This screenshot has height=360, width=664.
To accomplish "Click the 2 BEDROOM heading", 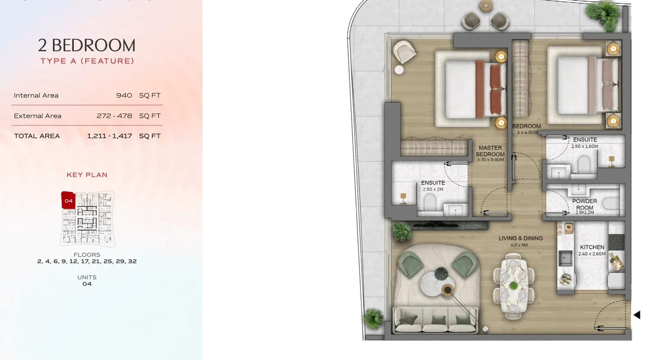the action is pos(86,46).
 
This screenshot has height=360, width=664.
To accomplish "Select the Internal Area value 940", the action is pos(124,95).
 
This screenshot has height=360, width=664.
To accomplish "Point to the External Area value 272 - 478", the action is pos(114,116).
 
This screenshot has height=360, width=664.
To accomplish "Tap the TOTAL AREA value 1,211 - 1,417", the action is pos(109,136).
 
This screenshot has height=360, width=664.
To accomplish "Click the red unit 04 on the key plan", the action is pos(68,200).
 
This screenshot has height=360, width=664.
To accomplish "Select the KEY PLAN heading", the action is pos(87,175).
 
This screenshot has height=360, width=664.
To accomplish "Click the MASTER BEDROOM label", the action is pos(490,151).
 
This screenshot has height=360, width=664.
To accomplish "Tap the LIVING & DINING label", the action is pos(521,238).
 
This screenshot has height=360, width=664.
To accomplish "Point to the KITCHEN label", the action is pos(592,247).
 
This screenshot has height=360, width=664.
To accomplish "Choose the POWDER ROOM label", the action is pos(584,204).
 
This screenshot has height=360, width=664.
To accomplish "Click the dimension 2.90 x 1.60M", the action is pos(585,146).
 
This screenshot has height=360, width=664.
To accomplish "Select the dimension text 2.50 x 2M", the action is pos(433,189).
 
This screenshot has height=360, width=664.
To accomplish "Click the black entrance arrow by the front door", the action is pos(637,314).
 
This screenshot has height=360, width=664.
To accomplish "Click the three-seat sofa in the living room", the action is pos(435,320).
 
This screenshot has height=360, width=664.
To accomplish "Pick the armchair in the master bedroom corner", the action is pos(404,51).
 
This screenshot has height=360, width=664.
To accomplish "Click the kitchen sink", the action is pos(566,258).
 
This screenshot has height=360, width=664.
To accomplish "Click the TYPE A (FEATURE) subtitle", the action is pos(87,61).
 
